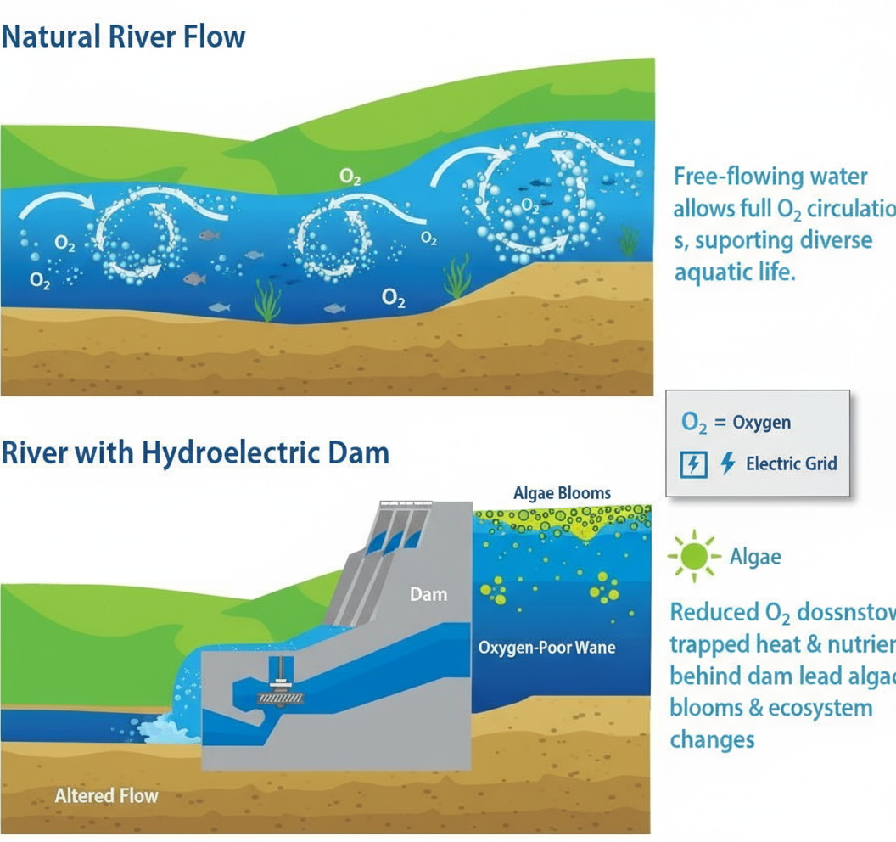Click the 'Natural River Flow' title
124,37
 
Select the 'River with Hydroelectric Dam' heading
195,452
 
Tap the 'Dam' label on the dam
428,594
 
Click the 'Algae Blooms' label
562,493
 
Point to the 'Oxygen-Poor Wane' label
547,648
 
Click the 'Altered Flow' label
106,795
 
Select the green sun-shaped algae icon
693,556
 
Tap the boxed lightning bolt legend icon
694,464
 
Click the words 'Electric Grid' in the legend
791,463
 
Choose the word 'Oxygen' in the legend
762,423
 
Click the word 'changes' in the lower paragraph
712,739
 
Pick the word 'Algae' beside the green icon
755,557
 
